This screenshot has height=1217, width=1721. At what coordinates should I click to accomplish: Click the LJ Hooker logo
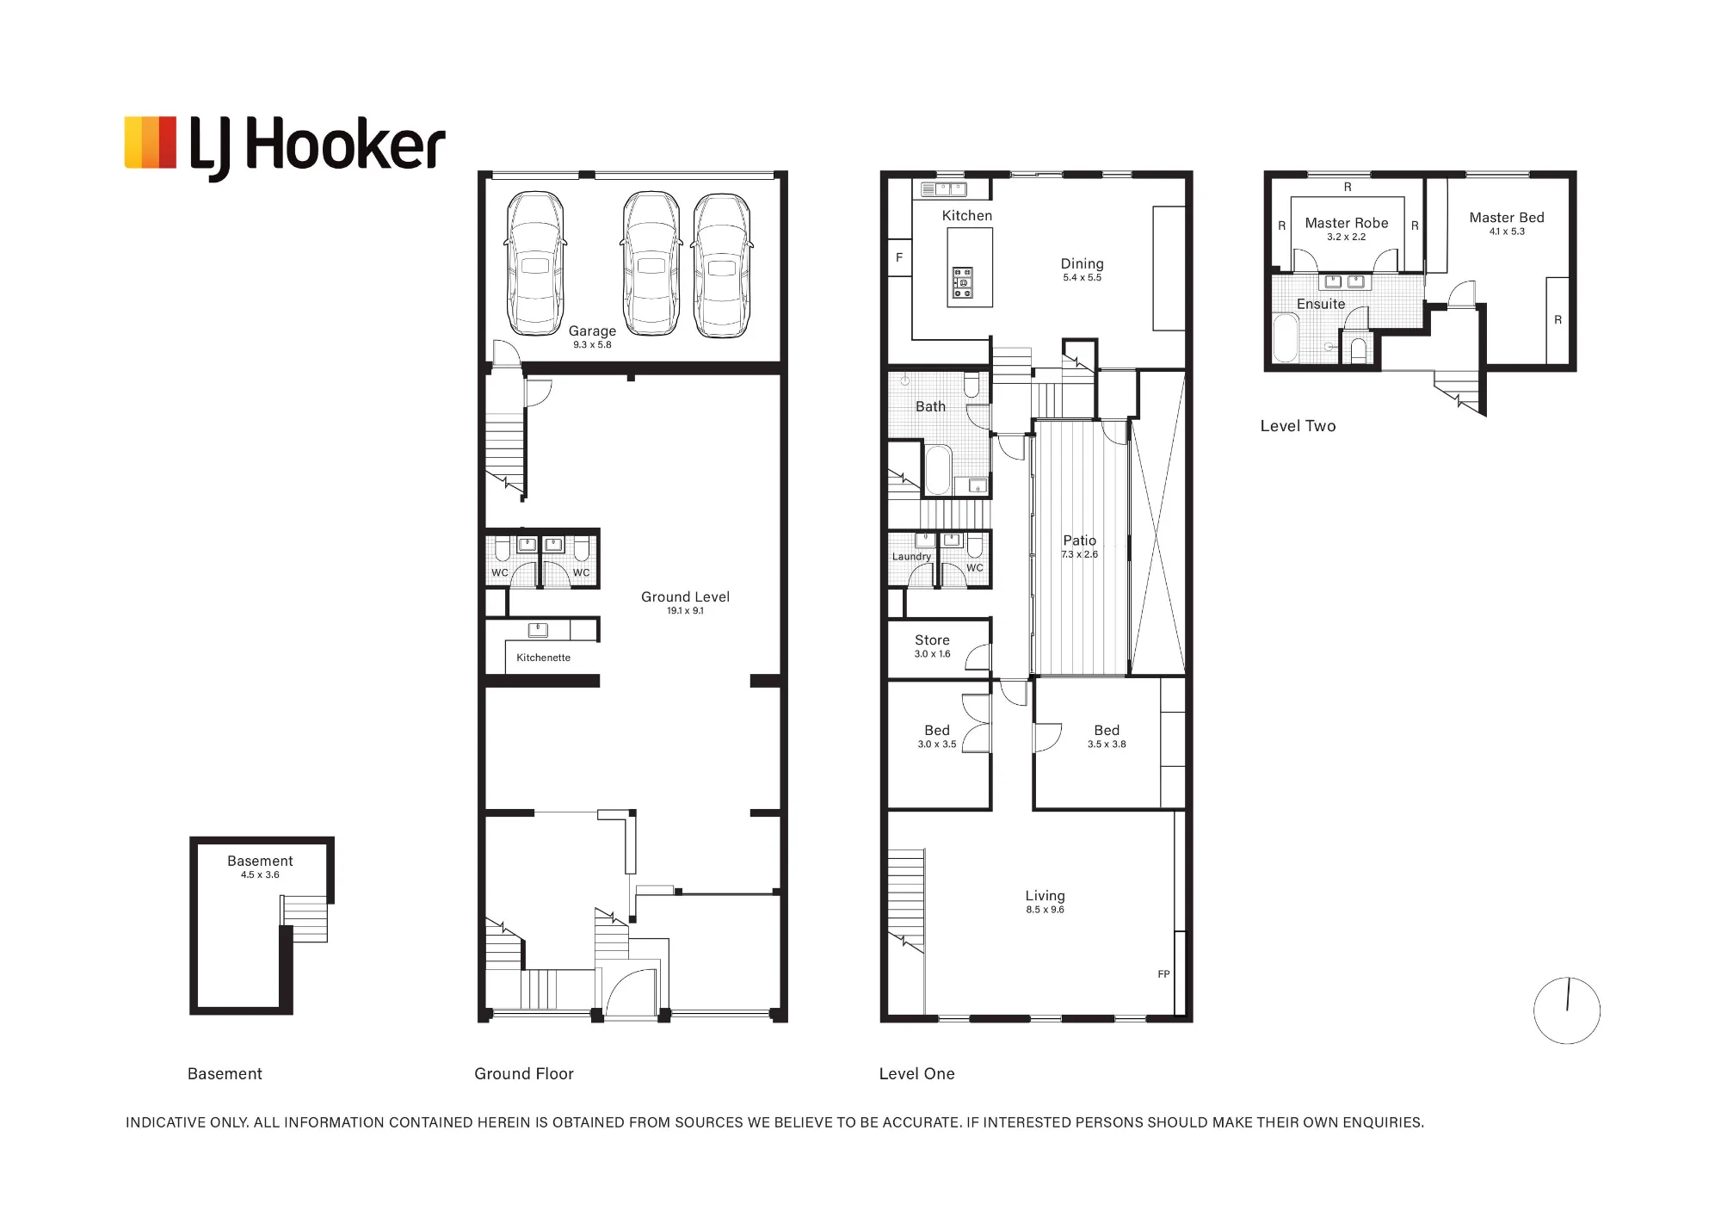(285, 147)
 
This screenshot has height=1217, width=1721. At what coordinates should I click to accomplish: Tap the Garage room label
(592, 331)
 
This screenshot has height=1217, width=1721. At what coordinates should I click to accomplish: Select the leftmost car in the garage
(535, 263)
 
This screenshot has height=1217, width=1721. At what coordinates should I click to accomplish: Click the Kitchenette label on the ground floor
(543, 658)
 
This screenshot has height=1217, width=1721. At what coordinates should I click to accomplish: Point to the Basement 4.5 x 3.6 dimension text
(260, 875)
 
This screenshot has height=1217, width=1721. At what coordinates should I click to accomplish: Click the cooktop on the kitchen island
(963, 283)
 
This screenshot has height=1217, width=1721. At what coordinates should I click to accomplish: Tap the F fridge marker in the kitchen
(899, 257)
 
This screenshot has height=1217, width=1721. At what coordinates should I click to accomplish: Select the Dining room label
(1082, 264)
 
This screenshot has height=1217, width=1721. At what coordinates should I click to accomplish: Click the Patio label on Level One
(1079, 541)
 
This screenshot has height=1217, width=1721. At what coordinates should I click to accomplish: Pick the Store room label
(932, 640)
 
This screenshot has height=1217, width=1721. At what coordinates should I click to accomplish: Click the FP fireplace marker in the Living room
(1163, 974)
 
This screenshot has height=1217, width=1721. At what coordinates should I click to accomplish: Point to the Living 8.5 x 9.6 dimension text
(1045, 910)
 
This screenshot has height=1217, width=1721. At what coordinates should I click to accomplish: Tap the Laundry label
(911, 557)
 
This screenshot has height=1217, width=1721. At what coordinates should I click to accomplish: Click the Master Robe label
(1347, 223)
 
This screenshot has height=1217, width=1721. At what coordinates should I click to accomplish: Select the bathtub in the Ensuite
(1286, 338)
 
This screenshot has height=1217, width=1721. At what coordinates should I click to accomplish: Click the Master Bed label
(1507, 218)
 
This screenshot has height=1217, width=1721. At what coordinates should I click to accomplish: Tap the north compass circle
(1567, 1010)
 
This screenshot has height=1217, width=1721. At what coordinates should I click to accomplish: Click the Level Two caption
(1298, 426)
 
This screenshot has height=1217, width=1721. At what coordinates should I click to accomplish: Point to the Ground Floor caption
(524, 1074)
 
